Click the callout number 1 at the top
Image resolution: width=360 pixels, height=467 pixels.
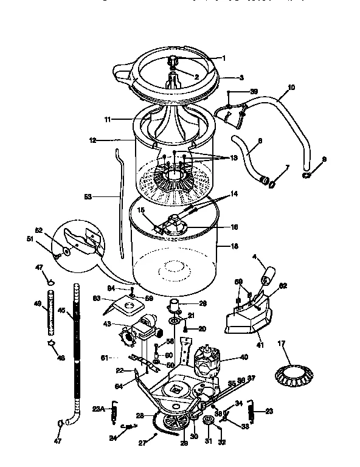223,58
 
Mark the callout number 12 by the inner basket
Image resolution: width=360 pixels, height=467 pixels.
92,140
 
